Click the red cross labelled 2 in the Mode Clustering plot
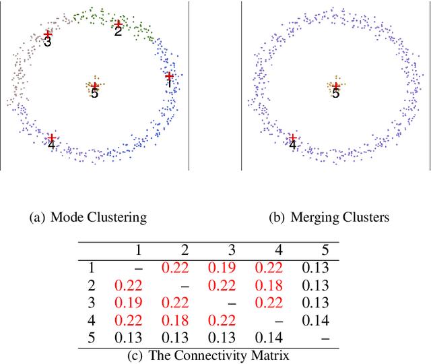coord(118,24)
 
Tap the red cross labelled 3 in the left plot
coord(47,33)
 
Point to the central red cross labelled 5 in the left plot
coord(94,86)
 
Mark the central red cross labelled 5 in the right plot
coord(335,86)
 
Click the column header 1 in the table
coord(138,250)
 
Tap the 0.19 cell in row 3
coord(128,303)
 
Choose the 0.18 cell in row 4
coord(174,320)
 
